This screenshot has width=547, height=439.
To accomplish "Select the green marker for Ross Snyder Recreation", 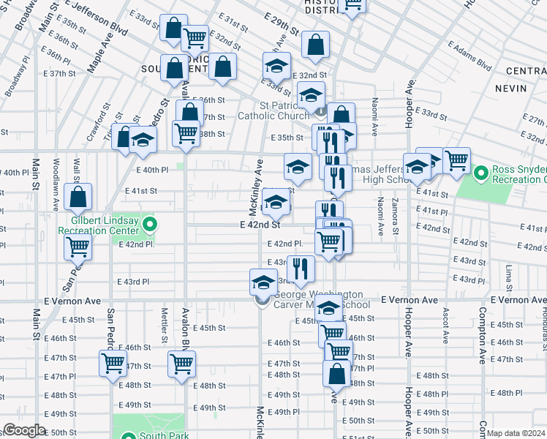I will point(480,174).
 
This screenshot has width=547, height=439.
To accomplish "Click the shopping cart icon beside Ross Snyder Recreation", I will point(456,160).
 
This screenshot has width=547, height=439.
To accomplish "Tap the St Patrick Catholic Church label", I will point(274,110).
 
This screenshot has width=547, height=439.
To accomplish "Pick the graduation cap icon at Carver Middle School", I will point(264,281).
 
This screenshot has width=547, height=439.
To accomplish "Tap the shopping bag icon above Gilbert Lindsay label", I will point(78,197).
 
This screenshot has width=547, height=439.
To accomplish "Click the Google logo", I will point(23,430).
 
